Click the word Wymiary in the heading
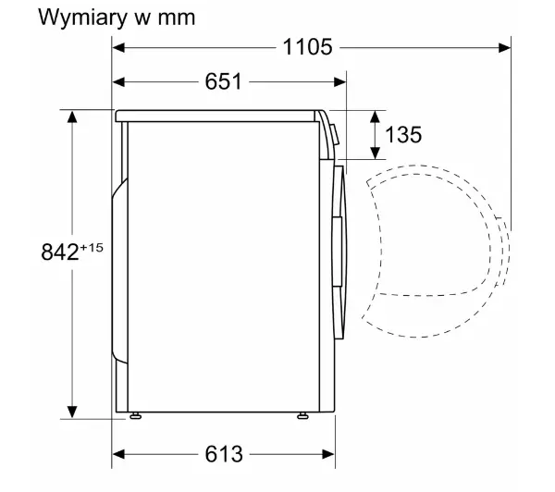click(82, 18)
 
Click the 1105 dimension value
click(308, 47)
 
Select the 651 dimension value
click(223, 81)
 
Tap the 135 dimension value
click(403, 134)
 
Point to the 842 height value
click(60, 252)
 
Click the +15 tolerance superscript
click(92, 248)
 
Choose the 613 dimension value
click(224, 454)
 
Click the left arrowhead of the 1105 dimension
click(118, 47)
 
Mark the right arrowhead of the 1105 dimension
click(504, 47)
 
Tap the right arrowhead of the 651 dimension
click(339, 82)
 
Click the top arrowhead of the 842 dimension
click(72, 117)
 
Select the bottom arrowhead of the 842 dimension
click(72, 412)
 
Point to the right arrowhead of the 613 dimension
click(328, 454)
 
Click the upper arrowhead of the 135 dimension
click(376, 117)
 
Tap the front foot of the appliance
click(302, 415)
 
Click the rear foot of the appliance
click(136, 415)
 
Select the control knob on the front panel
click(335, 134)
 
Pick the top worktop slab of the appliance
click(216, 117)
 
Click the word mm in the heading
click(177, 18)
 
